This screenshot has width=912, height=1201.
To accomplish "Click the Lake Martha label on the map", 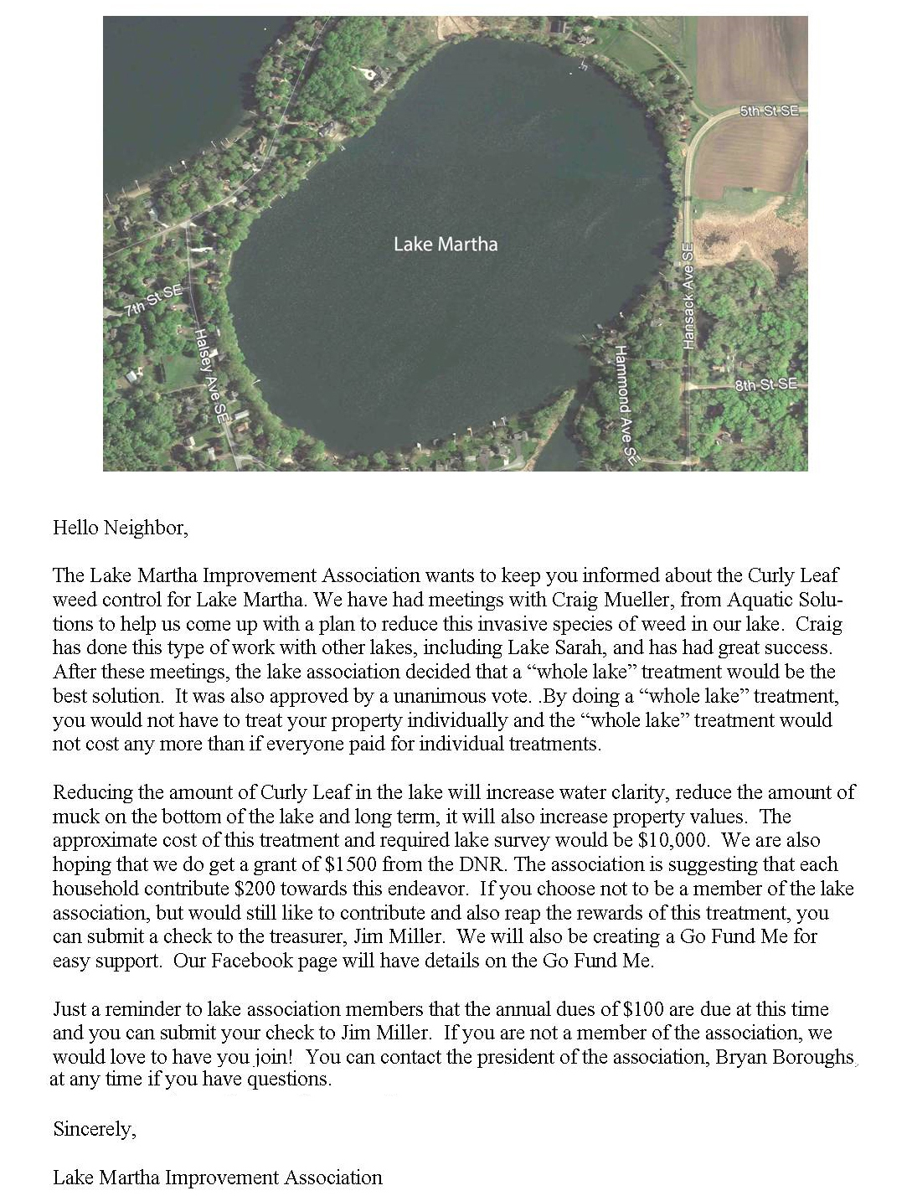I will (446, 245).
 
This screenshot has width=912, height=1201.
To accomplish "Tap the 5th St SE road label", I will (769, 111).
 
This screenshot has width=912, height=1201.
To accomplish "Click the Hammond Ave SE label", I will (625, 405).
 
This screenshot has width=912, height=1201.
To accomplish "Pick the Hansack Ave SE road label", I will (688, 297).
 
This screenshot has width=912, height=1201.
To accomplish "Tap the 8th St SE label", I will (765, 384).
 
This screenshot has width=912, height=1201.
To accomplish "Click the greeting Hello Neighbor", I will (121, 528).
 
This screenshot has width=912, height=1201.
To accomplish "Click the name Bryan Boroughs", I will (784, 1057).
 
